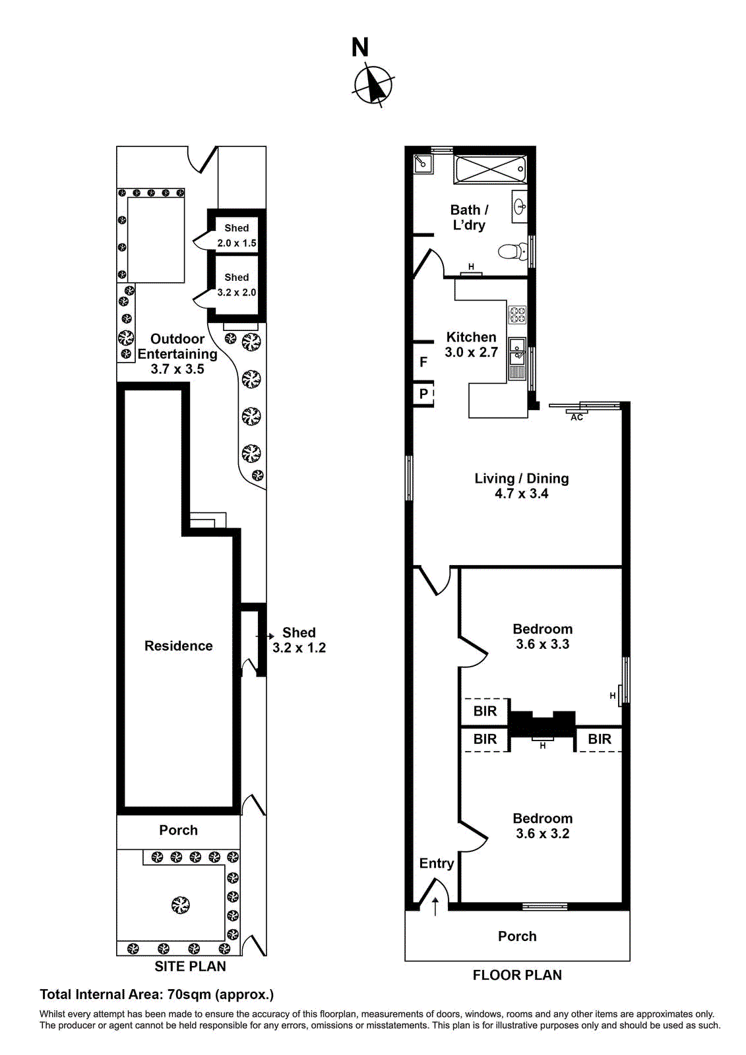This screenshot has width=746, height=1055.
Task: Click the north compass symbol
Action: point(374,85)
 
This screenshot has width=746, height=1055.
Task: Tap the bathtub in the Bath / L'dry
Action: point(490,169)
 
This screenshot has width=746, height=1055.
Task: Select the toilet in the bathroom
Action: point(511,251)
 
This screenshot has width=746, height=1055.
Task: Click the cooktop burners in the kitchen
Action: point(517,315)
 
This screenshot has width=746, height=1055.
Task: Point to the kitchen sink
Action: point(517,350)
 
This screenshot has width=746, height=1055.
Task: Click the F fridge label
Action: point(423,362)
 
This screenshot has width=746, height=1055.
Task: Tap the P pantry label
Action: point(423,394)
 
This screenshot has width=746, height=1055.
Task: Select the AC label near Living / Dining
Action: point(576,417)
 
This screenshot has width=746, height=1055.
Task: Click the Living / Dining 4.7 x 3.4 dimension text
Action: point(521,494)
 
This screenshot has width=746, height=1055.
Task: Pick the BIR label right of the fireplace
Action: point(600,739)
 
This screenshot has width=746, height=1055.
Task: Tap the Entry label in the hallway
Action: point(436,863)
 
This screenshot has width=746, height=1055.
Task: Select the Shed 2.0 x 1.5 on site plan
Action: point(237,235)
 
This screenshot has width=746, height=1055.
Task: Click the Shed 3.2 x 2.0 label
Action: point(237,285)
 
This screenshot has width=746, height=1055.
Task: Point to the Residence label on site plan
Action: point(178,646)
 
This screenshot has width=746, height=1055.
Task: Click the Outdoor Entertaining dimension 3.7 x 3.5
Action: point(177,369)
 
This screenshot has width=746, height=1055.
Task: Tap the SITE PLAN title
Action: point(190,967)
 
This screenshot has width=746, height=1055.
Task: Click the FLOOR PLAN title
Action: point(517,975)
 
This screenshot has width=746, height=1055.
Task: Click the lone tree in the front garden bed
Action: point(180,905)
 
